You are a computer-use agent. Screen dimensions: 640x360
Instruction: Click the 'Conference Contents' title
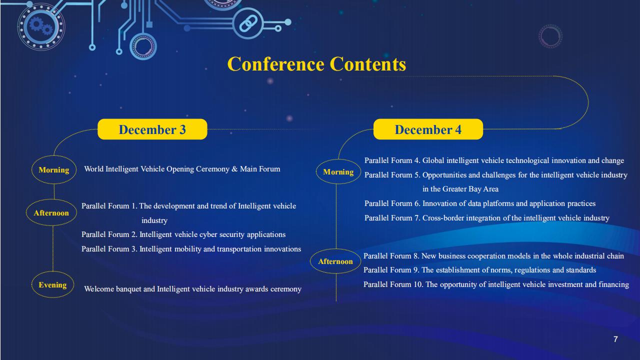pyautogui.click(x=316, y=64)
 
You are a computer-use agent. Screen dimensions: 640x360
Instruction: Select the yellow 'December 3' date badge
pyautogui.click(x=152, y=129)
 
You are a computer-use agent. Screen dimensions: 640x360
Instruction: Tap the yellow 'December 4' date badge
pyautogui.click(x=428, y=129)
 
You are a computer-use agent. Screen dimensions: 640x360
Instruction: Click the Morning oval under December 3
pyautogui.click(x=54, y=169)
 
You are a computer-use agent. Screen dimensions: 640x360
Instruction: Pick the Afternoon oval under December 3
pyautogui.click(x=51, y=212)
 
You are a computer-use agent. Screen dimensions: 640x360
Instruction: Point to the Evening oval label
pyautogui.click(x=52, y=284)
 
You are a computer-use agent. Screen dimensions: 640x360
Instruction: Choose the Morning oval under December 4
pyautogui.click(x=338, y=171)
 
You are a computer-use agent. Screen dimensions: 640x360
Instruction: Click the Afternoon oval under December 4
pyautogui.click(x=335, y=261)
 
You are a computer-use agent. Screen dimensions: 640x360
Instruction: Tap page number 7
pyautogui.click(x=615, y=339)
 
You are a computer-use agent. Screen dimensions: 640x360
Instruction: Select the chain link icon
pyautogui.click(x=247, y=23)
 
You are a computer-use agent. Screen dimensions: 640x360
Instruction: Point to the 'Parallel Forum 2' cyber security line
pyautogui.click(x=183, y=234)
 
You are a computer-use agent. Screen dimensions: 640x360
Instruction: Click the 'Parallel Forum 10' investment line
pyautogui.click(x=496, y=284)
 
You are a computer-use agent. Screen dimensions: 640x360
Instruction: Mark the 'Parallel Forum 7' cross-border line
pyautogui.click(x=487, y=218)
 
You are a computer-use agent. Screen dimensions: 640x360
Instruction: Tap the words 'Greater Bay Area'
pyautogui.click(x=471, y=189)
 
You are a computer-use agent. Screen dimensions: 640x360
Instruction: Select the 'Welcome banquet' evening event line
pyautogui.click(x=193, y=289)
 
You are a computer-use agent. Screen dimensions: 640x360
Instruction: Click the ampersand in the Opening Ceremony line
pyautogui.click(x=234, y=169)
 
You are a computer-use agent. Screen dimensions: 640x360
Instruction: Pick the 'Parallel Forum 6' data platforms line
pyautogui.click(x=480, y=203)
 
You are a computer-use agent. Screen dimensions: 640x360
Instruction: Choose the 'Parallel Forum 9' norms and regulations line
pyautogui.click(x=479, y=270)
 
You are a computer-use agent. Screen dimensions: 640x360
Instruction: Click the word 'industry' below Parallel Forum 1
pyautogui.click(x=154, y=220)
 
